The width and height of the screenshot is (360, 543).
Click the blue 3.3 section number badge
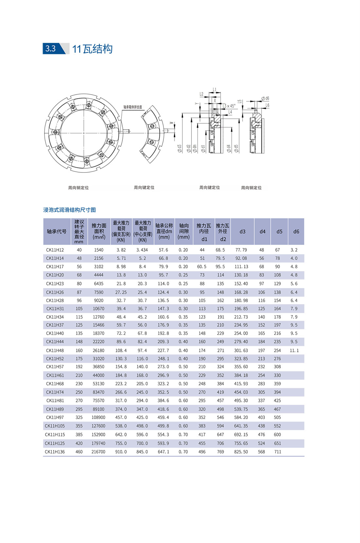51,49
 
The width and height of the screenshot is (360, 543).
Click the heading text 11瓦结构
92,49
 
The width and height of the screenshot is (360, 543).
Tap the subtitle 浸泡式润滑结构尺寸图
69,210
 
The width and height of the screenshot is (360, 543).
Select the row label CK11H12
55,250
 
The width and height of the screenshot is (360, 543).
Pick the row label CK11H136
55,452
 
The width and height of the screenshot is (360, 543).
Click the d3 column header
243,232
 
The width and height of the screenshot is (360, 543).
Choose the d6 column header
296,232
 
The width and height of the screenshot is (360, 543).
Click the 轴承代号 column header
57,232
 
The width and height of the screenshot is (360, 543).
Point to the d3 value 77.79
241,250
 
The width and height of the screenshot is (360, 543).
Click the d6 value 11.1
294,351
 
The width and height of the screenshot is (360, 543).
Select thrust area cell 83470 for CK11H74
99,392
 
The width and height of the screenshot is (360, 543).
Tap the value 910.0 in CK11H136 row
121,452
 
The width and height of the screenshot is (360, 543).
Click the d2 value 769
221,452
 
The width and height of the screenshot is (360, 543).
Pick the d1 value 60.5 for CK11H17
202,267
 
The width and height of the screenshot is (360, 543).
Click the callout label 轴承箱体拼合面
133,107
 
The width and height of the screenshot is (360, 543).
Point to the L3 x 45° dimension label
229,106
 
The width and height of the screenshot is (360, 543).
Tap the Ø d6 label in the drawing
265,99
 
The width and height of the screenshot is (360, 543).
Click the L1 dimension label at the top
214,90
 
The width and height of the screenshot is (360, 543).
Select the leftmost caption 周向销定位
78,188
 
